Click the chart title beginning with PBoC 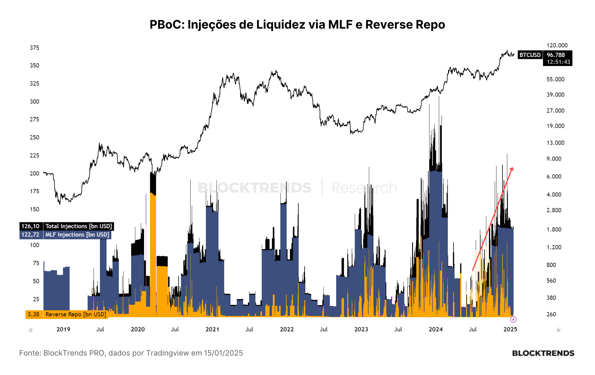tap(297, 24)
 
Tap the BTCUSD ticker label tap(530, 55)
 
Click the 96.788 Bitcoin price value tap(556, 55)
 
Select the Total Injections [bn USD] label tap(79, 226)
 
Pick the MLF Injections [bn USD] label tap(77, 235)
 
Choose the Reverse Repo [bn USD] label tap(76, 314)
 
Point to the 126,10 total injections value tap(31, 226)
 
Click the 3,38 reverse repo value tap(34, 314)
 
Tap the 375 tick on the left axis tap(35, 48)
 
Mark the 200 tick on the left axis tap(35, 174)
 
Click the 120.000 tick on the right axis tap(557, 45)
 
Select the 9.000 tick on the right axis tap(554, 159)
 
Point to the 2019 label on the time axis tap(63, 329)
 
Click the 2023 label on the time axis tap(361, 329)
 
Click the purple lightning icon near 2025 tap(513, 320)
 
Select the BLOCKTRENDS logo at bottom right tap(543, 353)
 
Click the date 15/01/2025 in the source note tap(223, 353)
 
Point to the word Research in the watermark tap(364, 188)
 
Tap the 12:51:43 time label tap(558, 62)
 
